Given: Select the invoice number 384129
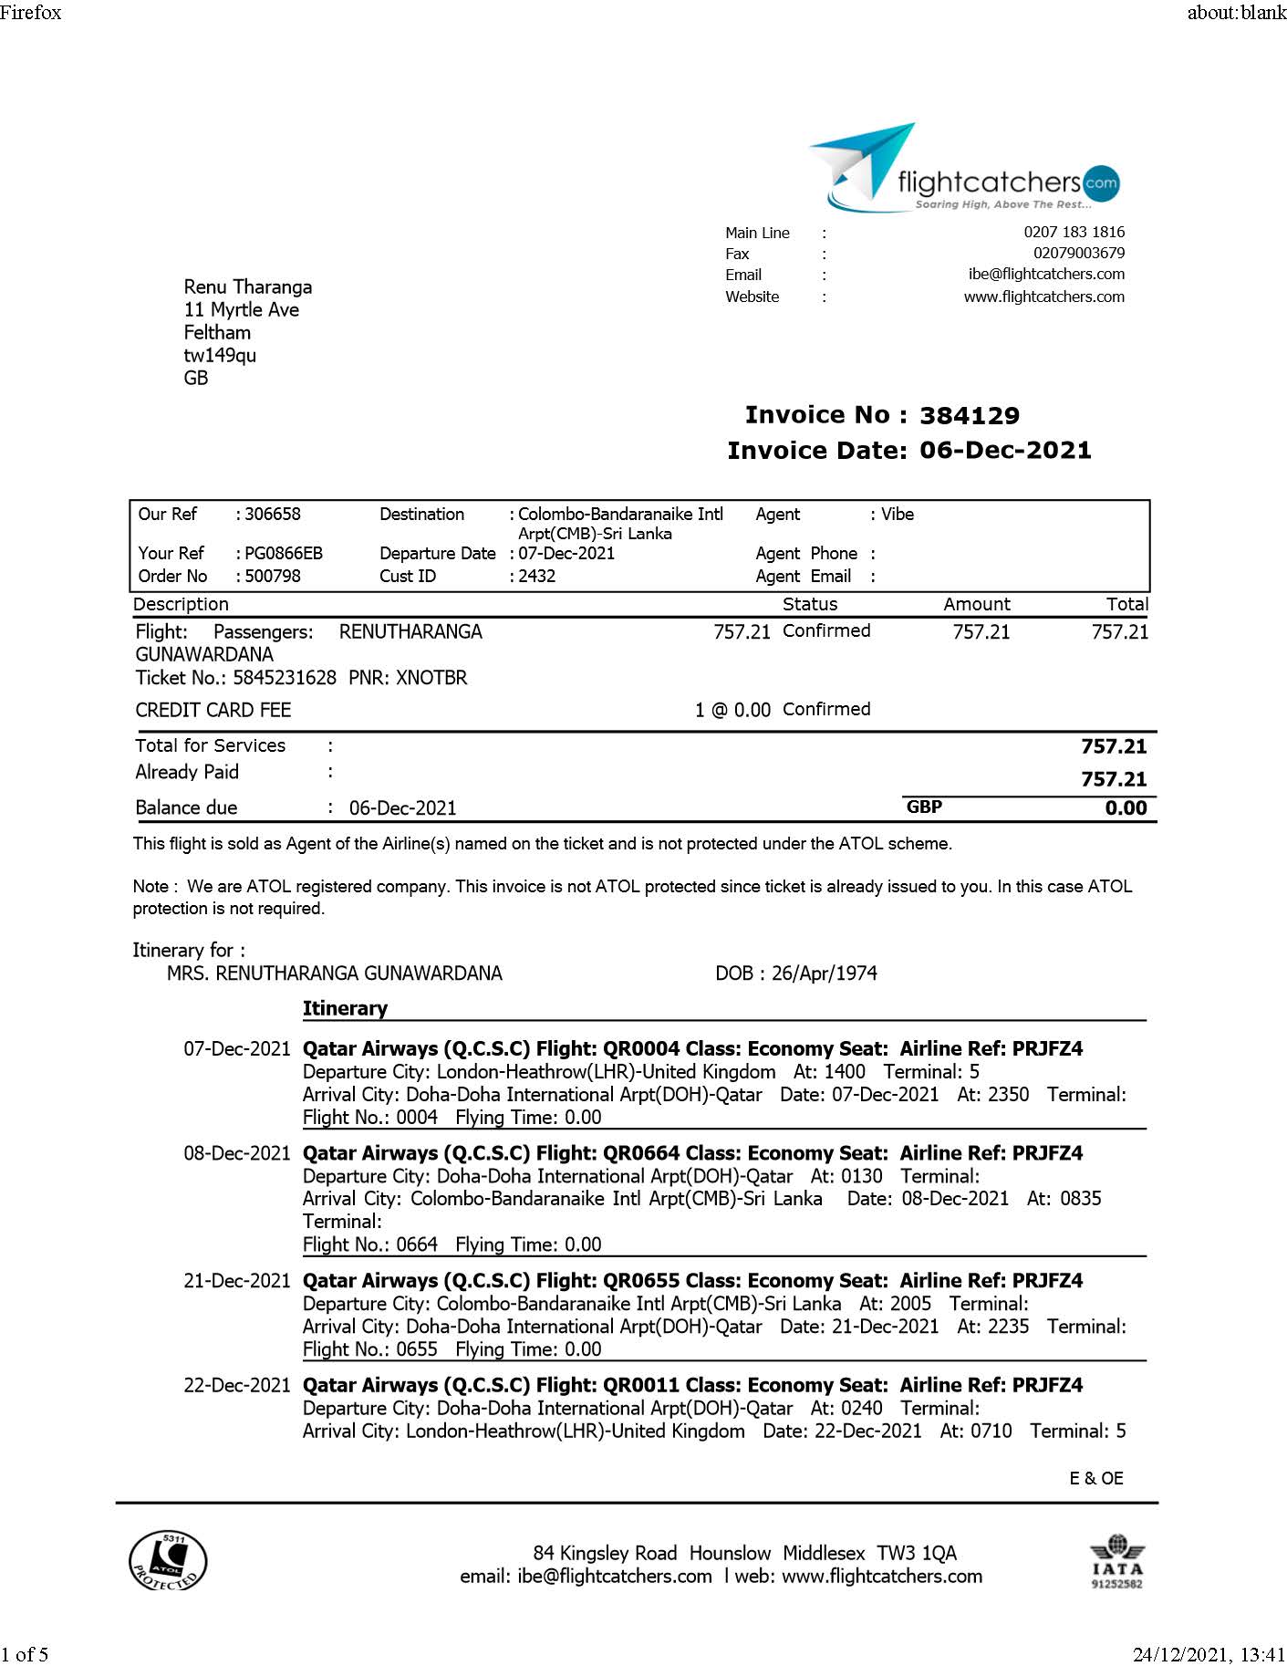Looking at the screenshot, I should [x=969, y=416].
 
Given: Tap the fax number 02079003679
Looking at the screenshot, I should [x=1078, y=254].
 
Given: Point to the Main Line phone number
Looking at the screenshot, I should [x=1074, y=232].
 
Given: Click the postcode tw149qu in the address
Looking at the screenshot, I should [x=220, y=356].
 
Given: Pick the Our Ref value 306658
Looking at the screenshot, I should [x=273, y=515].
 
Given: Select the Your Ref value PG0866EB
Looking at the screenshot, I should [x=284, y=554].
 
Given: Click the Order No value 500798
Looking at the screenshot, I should [x=273, y=577].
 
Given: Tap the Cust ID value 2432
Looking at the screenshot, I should [x=537, y=577].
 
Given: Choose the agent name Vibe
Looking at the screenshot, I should [x=898, y=515].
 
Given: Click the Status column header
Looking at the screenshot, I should [x=809, y=604].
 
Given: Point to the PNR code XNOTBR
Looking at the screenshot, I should [x=431, y=678].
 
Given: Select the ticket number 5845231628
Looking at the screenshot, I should [x=285, y=678].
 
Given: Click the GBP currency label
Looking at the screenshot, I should [x=924, y=807].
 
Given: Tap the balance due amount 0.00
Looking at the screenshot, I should [x=1126, y=808].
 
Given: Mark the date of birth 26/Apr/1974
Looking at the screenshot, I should [x=824, y=974].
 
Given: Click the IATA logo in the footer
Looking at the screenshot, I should [x=1116, y=1562].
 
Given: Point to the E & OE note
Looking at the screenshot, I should [x=1095, y=1478].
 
